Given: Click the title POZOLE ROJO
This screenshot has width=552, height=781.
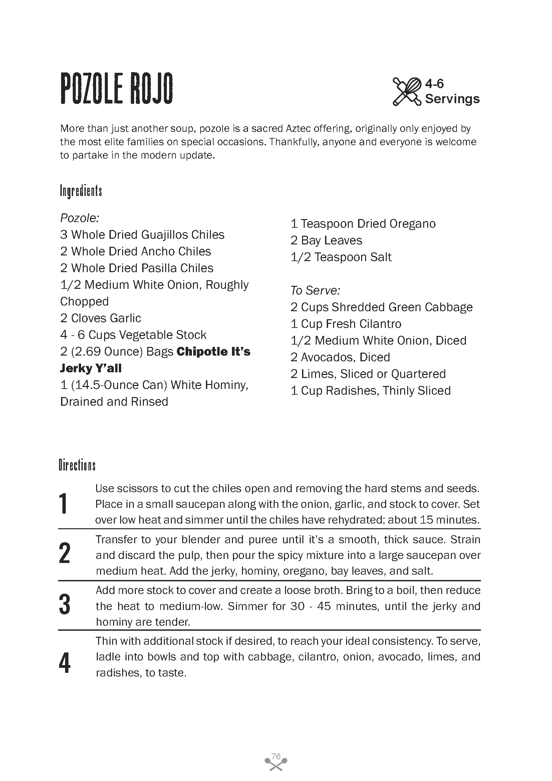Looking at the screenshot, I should (x=116, y=89).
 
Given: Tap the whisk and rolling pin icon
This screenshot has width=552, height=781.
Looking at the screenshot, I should (x=407, y=91).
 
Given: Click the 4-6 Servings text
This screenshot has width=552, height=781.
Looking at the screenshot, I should (x=452, y=91).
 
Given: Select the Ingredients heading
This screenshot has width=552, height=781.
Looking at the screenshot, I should (x=81, y=191).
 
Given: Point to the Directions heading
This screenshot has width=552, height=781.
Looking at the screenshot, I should (x=77, y=465).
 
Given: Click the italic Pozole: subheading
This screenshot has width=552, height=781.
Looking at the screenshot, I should (x=79, y=218).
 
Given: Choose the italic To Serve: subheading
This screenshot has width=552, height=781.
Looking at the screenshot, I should (x=315, y=290).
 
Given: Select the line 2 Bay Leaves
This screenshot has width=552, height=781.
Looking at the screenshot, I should (x=326, y=240).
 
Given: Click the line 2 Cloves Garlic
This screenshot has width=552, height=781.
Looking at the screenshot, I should (x=100, y=318).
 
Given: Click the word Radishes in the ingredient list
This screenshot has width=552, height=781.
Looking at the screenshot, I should (x=352, y=391).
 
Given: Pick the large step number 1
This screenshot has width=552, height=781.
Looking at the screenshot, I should (x=63, y=504).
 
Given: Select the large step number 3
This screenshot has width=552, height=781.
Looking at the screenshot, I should (x=64, y=604).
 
